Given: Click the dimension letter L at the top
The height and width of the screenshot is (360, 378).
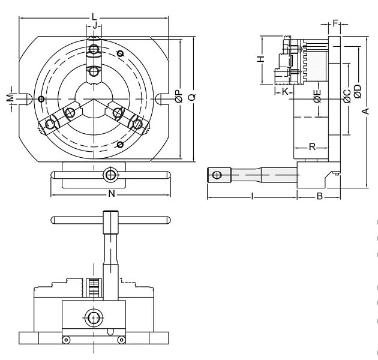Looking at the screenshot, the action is click(x=94, y=17).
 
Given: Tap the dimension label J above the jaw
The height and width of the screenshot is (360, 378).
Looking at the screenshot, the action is click(x=95, y=25).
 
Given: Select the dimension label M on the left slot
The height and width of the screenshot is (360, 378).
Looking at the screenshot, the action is click(x=10, y=98).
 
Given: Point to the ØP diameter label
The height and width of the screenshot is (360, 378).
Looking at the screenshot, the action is click(x=179, y=97).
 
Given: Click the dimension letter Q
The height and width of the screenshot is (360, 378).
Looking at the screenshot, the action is click(x=192, y=97).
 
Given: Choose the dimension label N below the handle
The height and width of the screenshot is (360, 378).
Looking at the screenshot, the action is click(x=112, y=193).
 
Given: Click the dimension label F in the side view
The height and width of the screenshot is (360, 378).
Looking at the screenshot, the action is click(x=335, y=23).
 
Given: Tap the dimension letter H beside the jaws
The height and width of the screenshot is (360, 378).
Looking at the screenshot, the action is click(x=260, y=59).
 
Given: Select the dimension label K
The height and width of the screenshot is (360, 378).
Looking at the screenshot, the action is click(x=285, y=92).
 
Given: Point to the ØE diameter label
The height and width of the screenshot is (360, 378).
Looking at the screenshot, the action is click(x=317, y=96).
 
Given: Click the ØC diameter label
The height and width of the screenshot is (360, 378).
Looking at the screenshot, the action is click(x=347, y=96).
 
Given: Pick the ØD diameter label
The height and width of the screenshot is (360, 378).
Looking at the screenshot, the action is click(x=358, y=91).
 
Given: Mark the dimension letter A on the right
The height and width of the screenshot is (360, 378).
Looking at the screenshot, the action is click(x=366, y=111).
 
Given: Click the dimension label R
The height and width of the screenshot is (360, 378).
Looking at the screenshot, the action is click(x=312, y=146).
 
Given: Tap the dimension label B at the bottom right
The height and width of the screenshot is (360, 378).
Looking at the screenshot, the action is click(x=319, y=196).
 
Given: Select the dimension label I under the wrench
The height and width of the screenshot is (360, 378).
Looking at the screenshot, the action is click(x=252, y=196).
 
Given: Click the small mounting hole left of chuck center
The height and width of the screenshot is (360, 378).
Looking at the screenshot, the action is click(x=41, y=99).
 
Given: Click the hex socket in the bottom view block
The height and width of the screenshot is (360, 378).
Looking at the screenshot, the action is click(x=94, y=317).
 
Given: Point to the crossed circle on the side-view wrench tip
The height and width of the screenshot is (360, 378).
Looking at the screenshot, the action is click(x=217, y=175).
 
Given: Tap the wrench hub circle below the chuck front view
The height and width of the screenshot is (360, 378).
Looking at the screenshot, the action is click(x=110, y=175).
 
